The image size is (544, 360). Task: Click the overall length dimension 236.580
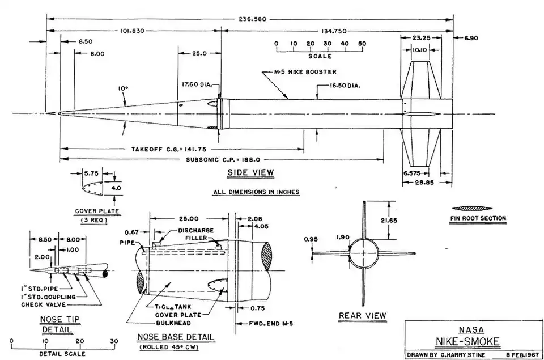(253, 19)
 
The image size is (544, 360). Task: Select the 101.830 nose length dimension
(132, 31)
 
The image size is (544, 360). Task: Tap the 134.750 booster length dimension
(334, 31)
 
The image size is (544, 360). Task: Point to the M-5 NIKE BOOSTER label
(305, 72)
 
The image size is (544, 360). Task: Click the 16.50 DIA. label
(345, 86)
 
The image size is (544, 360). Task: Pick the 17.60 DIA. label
(197, 84)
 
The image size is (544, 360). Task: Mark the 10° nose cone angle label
(123, 88)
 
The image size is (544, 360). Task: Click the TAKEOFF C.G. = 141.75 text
(169, 149)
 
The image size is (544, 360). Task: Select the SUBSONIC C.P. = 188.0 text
(223, 160)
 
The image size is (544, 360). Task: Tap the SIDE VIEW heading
(250, 172)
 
